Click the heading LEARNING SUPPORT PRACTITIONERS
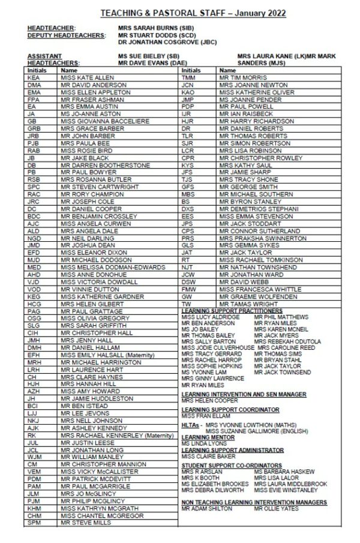pyautogui.click(x=231, y=311)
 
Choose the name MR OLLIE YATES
pyautogui.click(x=276, y=509)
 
